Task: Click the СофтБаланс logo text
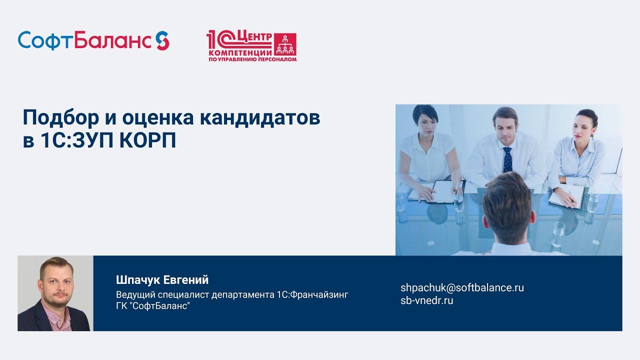click(x=85, y=40)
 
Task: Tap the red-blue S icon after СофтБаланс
click(x=162, y=40)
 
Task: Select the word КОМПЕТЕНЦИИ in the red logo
click(x=239, y=52)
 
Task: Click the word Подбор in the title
click(x=56, y=118)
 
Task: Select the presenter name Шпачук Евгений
click(x=162, y=279)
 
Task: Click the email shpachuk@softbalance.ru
click(x=462, y=287)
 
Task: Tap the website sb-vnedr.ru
click(x=426, y=300)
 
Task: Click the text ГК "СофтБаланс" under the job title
click(x=153, y=305)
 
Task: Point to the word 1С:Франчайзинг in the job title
click(x=312, y=294)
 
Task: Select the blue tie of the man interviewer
click(x=507, y=159)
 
